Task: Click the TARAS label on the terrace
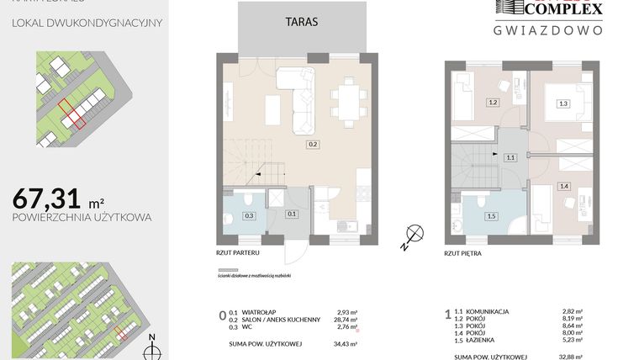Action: (301, 23)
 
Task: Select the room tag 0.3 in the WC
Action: (249, 215)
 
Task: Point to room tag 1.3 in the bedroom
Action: (562, 103)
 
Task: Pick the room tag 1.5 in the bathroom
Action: (491, 215)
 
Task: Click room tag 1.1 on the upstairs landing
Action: (510, 157)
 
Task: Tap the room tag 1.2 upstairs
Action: (494, 103)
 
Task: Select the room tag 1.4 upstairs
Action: (564, 186)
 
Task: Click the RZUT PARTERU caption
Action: (238, 251)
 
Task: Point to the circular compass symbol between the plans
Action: (412, 235)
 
